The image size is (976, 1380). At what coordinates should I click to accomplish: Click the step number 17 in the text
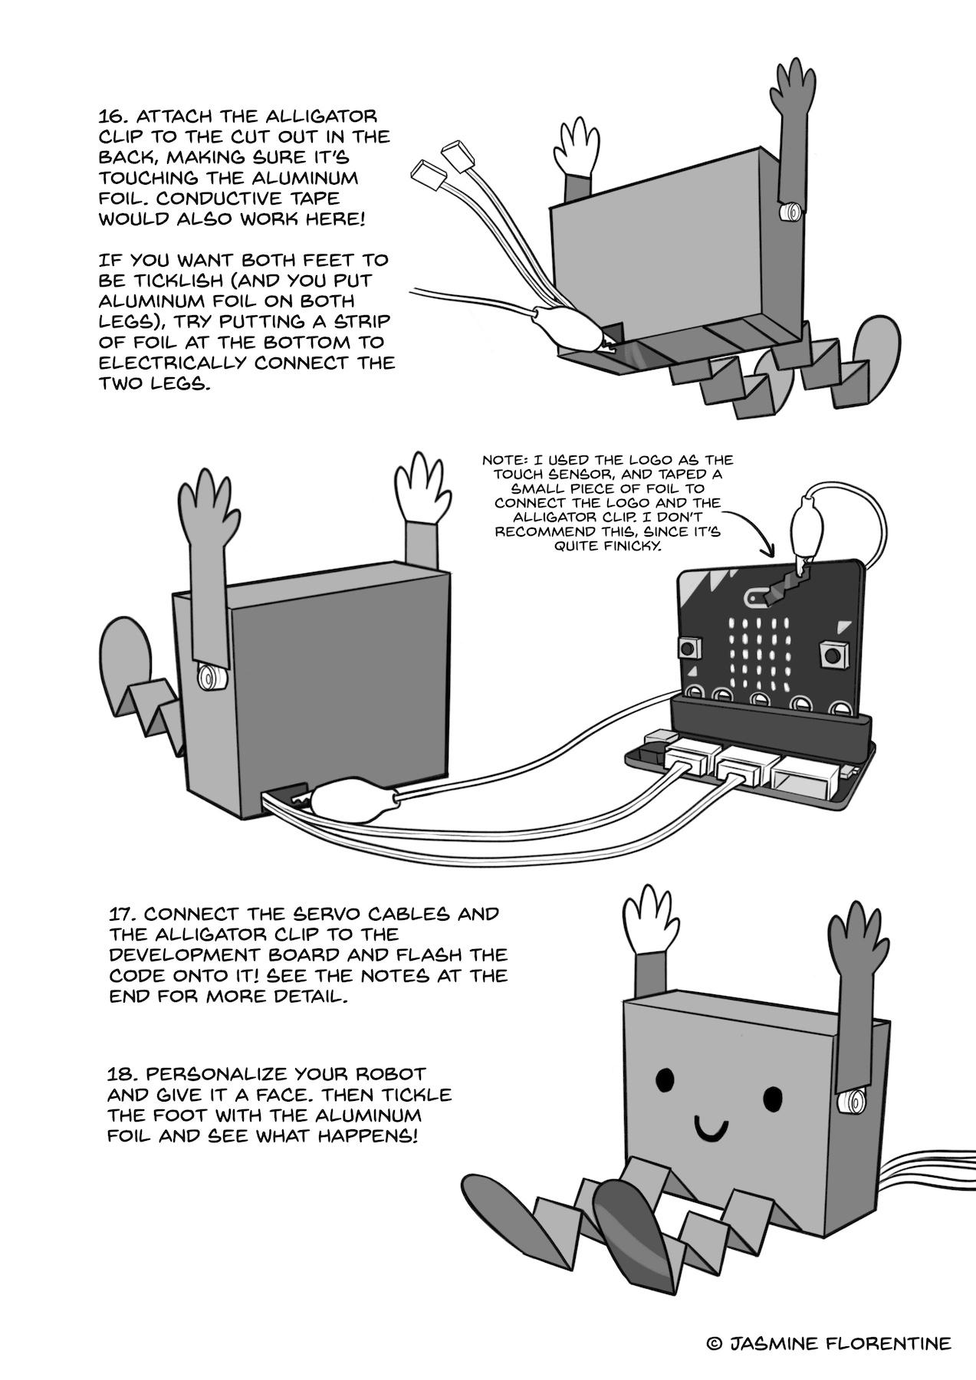[122, 915]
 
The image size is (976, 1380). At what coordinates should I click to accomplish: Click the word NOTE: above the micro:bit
[504, 461]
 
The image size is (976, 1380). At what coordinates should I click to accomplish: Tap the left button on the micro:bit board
[689, 649]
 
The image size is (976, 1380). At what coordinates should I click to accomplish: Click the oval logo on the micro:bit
[757, 595]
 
